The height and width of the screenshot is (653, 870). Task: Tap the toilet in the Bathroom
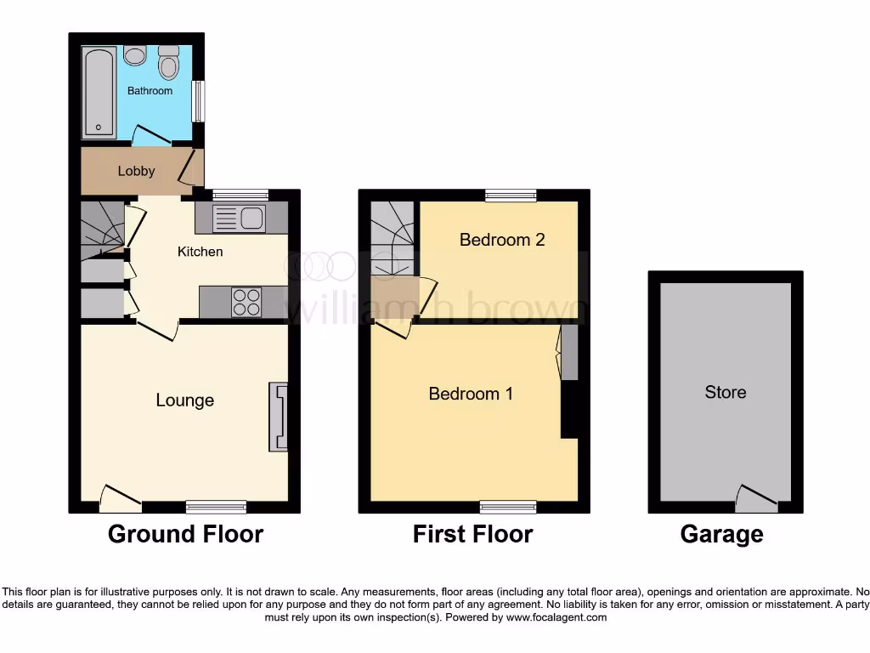(169, 63)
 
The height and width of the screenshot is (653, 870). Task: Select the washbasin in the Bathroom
(134, 55)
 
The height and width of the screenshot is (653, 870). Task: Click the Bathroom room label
(150, 91)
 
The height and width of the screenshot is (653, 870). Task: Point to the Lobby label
(136, 171)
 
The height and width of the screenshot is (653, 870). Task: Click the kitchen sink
(240, 219)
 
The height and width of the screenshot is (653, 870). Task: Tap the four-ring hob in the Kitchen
(246, 302)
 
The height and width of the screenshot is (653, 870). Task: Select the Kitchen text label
(200, 252)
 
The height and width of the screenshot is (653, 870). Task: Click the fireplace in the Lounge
(278, 417)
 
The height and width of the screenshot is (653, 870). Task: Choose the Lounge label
(184, 400)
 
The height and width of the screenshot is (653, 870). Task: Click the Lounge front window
(216, 507)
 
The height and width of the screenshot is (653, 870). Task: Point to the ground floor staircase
(101, 228)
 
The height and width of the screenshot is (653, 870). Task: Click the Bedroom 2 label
(501, 240)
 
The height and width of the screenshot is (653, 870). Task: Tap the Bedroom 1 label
(471, 394)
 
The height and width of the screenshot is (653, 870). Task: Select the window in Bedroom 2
(511, 196)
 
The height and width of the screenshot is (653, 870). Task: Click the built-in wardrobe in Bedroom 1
(568, 353)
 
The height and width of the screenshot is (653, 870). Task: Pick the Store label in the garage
(725, 392)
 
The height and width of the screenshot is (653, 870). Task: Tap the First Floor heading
(472, 534)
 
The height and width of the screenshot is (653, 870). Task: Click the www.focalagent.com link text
(556, 617)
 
